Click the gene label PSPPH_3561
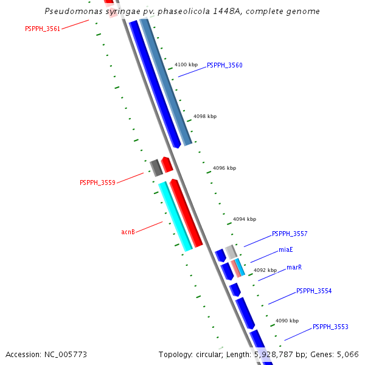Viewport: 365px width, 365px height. click(43, 29)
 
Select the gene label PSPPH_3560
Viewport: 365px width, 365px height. click(224, 65)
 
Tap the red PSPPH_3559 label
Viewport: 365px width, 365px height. click(97, 182)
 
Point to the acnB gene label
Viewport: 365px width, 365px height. click(128, 232)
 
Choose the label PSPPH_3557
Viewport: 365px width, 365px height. click(290, 234)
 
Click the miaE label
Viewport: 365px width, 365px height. click(286, 249)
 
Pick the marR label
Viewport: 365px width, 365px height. click(294, 267)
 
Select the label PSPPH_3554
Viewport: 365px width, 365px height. click(314, 291)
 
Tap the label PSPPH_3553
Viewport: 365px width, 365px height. click(330, 327)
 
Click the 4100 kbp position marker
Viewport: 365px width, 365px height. click(186, 64)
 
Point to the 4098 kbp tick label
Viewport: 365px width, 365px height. click(205, 116)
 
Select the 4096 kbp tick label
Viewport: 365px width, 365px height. click(224, 168)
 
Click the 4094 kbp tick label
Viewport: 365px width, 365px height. click(245, 219)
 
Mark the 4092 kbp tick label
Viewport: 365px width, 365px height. click(265, 270)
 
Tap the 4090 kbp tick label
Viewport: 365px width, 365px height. click(287, 321)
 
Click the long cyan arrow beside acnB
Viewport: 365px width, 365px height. click(176, 217)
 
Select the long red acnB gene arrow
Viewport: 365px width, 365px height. click(186, 213)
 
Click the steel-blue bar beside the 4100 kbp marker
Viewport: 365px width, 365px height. click(166, 82)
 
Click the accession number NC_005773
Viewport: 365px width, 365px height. click(46, 354)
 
